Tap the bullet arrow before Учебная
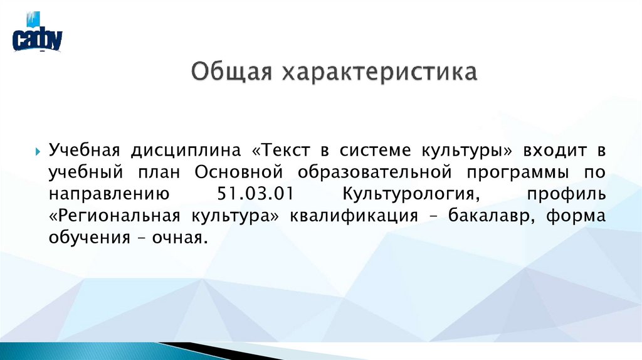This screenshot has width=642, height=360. (38, 151)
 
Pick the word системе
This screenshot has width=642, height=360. (375, 151)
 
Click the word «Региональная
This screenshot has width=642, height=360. (114, 216)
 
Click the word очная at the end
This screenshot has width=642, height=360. (184, 238)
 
